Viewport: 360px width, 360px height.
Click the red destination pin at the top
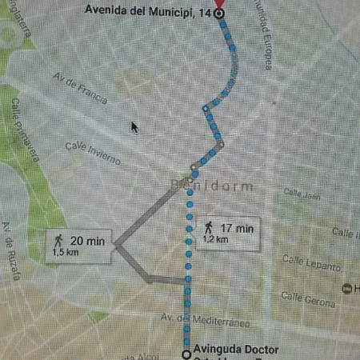(x=222, y=5)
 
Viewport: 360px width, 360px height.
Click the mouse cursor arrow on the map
(x=134, y=127)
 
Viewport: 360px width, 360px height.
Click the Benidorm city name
(x=212, y=186)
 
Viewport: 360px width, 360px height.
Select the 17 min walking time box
(x=228, y=232)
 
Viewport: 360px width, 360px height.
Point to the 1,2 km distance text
(x=217, y=238)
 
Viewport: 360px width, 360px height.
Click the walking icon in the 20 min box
(x=58, y=239)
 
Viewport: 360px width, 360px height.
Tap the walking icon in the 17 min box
(x=210, y=228)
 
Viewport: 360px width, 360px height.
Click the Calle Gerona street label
(x=307, y=297)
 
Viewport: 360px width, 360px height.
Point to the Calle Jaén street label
(x=302, y=194)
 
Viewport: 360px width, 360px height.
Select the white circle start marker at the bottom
(x=186, y=353)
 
